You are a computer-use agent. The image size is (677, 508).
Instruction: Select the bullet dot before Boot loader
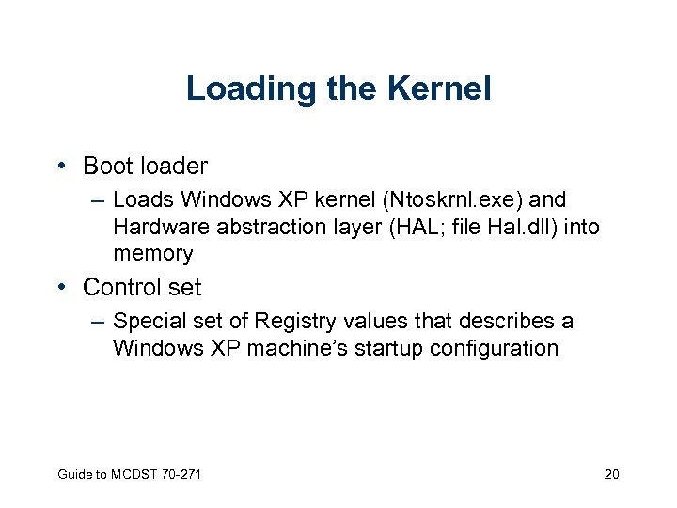(x=61, y=167)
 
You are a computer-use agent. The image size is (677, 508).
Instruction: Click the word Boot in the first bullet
(x=106, y=167)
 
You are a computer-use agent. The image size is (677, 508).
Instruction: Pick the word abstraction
(x=254, y=227)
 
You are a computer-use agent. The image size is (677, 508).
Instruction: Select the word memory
(x=153, y=254)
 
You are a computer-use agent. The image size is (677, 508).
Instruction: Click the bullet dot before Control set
(x=61, y=287)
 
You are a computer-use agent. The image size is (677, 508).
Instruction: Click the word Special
(x=148, y=322)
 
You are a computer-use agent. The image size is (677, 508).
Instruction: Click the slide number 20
(x=611, y=474)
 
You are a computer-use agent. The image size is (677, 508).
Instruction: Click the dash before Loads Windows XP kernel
(x=97, y=200)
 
